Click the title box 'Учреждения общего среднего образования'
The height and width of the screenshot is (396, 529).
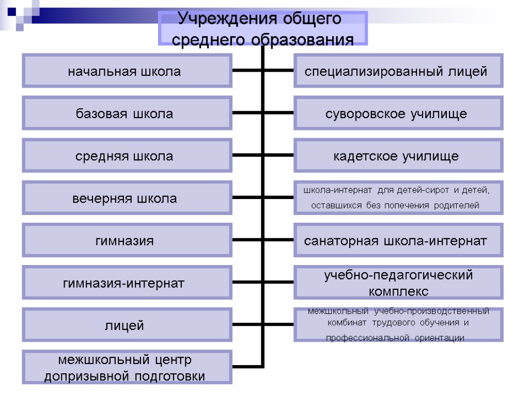(x=263, y=29)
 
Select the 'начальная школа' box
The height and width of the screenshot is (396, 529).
(x=127, y=71)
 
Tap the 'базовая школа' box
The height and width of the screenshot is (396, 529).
(x=127, y=114)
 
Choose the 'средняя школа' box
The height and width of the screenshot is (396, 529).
(x=127, y=156)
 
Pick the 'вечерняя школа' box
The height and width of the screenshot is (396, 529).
(x=127, y=198)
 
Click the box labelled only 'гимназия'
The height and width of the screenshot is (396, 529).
(x=127, y=240)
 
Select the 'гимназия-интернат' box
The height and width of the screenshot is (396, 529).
(x=127, y=283)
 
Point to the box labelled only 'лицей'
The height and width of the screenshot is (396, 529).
(x=127, y=325)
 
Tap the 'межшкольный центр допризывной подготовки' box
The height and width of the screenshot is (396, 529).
(x=127, y=367)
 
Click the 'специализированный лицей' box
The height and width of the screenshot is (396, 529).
(x=398, y=71)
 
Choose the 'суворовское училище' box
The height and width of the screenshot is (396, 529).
(x=398, y=114)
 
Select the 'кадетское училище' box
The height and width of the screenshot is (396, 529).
(x=398, y=156)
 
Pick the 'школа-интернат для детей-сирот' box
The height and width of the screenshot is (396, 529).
(x=398, y=198)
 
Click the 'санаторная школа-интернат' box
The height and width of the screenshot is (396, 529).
(x=398, y=240)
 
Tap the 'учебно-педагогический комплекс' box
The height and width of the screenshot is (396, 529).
(x=398, y=283)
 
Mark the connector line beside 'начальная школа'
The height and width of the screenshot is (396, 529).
(x=247, y=71)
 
